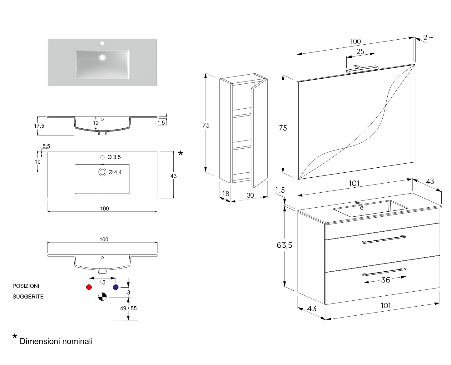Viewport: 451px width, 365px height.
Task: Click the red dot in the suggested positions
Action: pos(89,287)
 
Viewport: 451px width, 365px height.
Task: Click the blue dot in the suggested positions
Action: pos(116,287)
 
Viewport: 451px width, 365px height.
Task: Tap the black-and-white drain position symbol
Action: pos(102,297)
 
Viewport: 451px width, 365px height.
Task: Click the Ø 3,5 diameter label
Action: pos(114,157)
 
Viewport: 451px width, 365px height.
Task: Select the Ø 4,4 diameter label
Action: pos(115,172)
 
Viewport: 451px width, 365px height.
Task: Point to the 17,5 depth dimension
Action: pos(39,126)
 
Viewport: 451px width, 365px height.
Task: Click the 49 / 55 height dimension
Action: pos(128,308)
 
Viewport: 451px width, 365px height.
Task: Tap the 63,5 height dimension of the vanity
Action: pos(284,245)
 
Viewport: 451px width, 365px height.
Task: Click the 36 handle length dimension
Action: pos(386,280)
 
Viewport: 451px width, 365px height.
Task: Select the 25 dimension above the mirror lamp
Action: pos(360,52)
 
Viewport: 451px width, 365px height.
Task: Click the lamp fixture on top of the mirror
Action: pos(362,69)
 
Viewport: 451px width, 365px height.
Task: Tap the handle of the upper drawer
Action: pos(384,239)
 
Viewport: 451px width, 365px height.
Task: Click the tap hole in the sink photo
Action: pos(102,43)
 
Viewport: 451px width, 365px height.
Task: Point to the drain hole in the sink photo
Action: pos(102,57)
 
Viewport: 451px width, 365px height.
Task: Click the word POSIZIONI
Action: pos(26,286)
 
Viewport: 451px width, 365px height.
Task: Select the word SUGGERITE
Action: pos(28,297)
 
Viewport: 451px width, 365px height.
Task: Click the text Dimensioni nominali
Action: pos(56,341)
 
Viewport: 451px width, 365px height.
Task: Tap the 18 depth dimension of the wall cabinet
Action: pos(226,194)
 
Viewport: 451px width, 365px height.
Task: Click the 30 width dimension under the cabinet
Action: pos(250,195)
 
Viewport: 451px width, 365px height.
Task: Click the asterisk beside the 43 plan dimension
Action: pos(181,153)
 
